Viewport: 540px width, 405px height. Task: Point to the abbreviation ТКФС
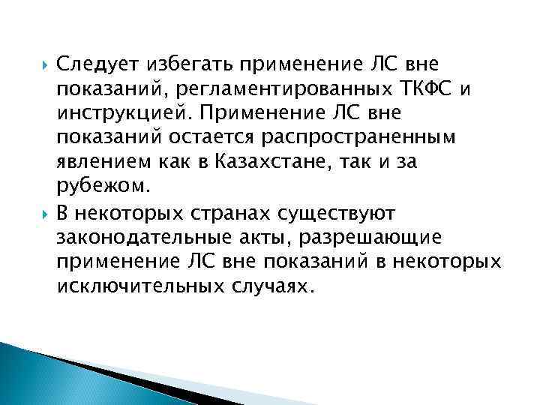point(427,90)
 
